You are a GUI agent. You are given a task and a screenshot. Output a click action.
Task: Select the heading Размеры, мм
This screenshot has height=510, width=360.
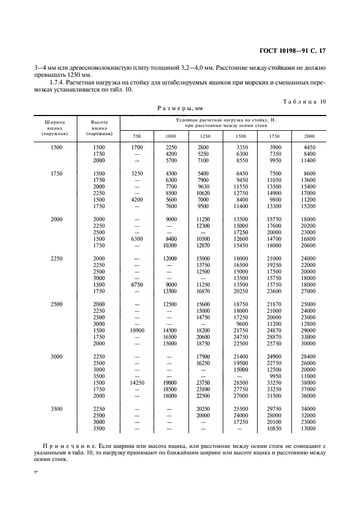point(180,108)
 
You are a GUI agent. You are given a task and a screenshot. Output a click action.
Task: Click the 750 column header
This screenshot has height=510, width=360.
point(137,135)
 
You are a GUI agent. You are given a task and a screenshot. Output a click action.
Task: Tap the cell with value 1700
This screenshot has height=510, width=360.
point(137,148)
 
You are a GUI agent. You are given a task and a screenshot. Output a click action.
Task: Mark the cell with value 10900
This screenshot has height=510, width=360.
point(137,331)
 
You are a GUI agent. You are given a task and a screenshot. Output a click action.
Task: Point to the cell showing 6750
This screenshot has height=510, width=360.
point(137,284)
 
